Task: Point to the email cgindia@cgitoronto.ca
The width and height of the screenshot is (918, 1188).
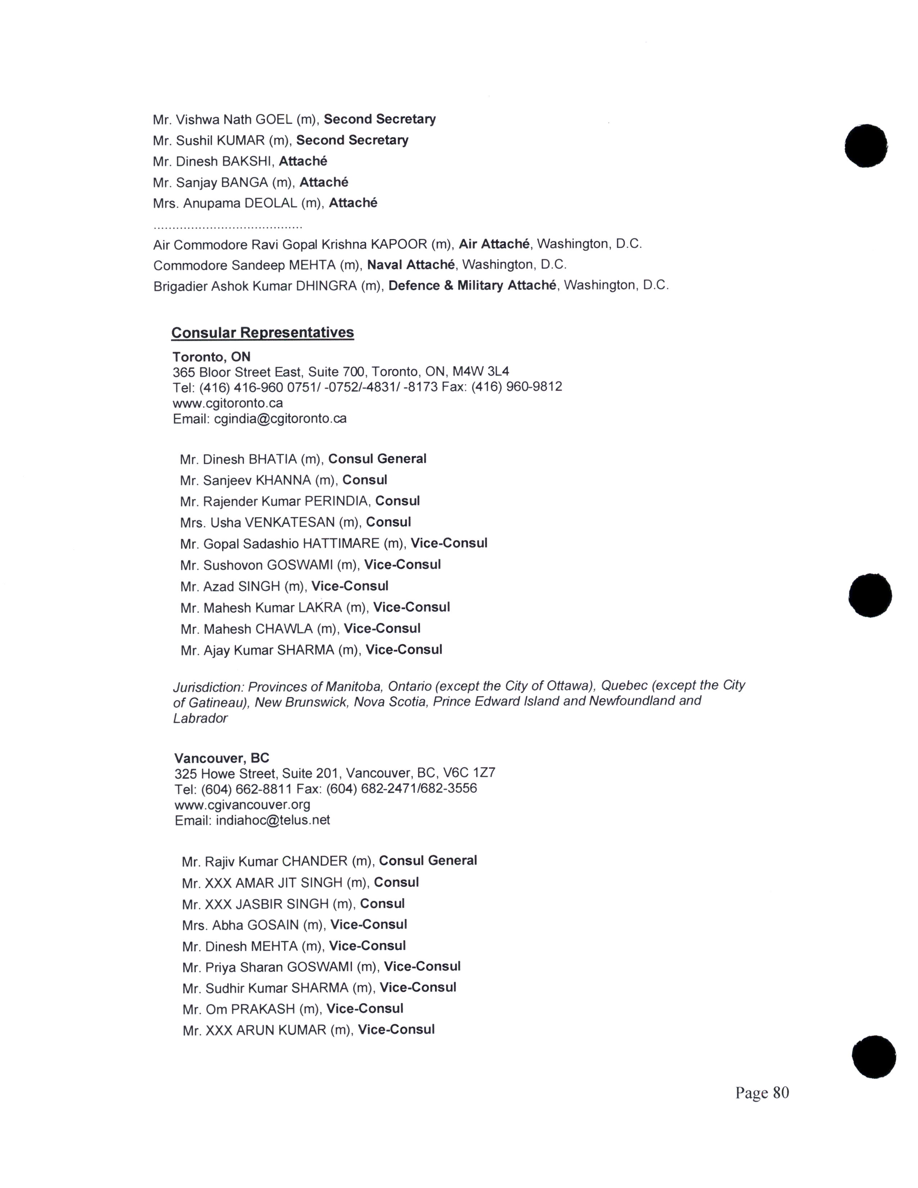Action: pos(280,419)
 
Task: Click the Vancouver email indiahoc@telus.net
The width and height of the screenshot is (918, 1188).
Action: pos(273,820)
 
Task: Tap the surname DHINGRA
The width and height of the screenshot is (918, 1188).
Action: pos(326,285)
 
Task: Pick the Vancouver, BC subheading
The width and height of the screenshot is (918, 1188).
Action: pos(221,758)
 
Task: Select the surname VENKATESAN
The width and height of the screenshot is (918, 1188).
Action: pos(289,522)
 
